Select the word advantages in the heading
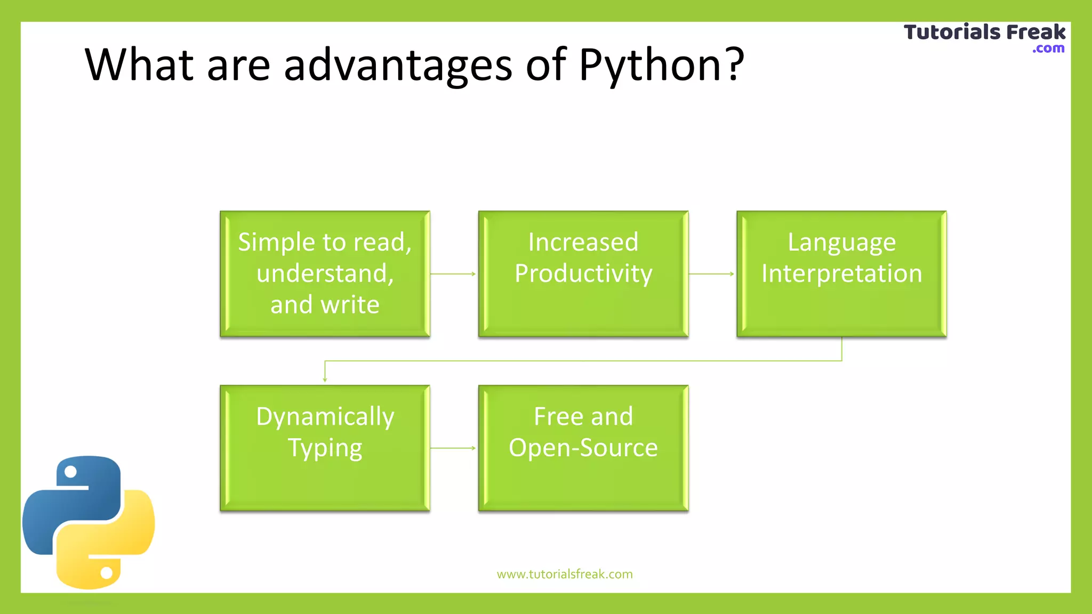pyautogui.click(x=398, y=65)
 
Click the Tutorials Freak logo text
pyautogui.click(x=984, y=32)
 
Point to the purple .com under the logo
pyautogui.click(x=1048, y=49)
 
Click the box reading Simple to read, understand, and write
pyautogui.click(x=325, y=273)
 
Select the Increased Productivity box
pyautogui.click(x=583, y=273)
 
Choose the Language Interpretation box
pyautogui.click(x=841, y=273)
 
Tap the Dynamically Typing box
pyautogui.click(x=325, y=448)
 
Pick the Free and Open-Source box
pyautogui.click(x=583, y=448)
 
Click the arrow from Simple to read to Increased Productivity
pyautogui.click(x=453, y=274)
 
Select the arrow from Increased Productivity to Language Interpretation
pyautogui.click(x=712, y=274)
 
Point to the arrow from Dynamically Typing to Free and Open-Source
pyautogui.click(x=453, y=448)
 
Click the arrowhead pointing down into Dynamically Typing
pyautogui.click(x=325, y=379)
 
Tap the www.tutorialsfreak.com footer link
pyautogui.click(x=565, y=574)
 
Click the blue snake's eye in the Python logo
pyautogui.click(x=70, y=472)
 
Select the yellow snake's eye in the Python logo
pyautogui.click(x=107, y=573)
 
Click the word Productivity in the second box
pyautogui.click(x=583, y=273)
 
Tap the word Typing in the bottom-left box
pyautogui.click(x=325, y=448)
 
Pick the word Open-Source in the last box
pyautogui.click(x=583, y=448)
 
